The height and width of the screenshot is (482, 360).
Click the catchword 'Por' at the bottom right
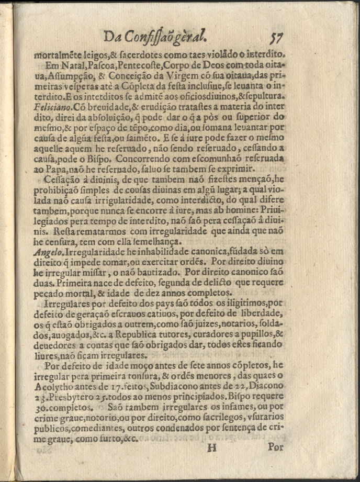point(276,447)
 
